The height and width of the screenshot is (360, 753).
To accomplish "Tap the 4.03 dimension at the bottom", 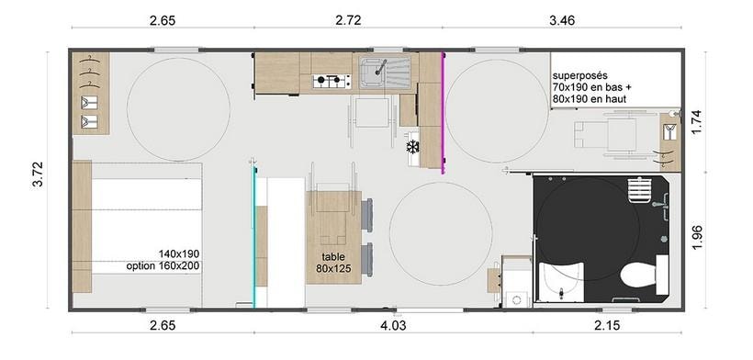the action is [x=393, y=325].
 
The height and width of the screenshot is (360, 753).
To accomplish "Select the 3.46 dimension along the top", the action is [x=561, y=20].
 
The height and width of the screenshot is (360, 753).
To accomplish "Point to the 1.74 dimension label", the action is [x=697, y=123].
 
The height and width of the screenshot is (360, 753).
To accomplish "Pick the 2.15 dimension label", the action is [x=606, y=325].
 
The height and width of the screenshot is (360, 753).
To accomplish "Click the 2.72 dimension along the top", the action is [x=348, y=20].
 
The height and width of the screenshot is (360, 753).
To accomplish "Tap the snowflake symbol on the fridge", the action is [x=412, y=146].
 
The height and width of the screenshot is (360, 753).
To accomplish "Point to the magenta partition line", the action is [x=443, y=113].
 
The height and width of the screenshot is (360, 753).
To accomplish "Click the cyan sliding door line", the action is [x=254, y=237].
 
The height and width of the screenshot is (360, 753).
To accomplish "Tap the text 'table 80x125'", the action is [x=333, y=263].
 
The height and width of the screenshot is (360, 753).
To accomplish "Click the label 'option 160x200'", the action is [x=163, y=265].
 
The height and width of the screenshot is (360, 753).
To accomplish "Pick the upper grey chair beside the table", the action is [x=367, y=215].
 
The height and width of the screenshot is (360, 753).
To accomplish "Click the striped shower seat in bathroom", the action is [x=639, y=191].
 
